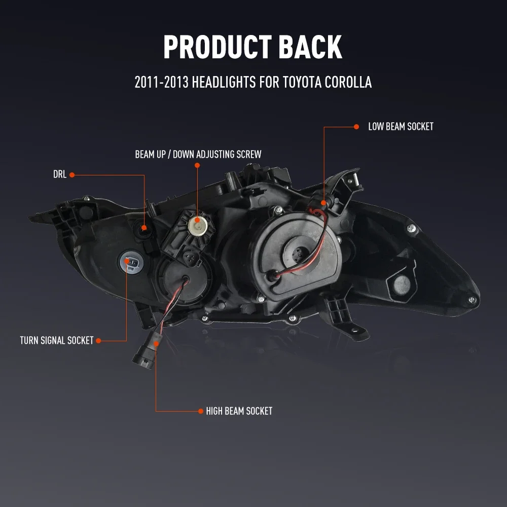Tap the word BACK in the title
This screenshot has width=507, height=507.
(x=310, y=48)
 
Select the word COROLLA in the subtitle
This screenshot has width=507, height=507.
(x=346, y=82)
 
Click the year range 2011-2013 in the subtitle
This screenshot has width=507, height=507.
(x=160, y=82)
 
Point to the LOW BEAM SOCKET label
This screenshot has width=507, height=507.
(x=401, y=127)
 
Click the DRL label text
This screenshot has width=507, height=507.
(x=60, y=175)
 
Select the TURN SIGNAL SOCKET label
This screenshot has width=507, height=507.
(x=57, y=341)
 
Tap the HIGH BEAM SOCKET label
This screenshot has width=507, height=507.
(x=239, y=411)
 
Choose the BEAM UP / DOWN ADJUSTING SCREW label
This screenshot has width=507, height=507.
(x=198, y=154)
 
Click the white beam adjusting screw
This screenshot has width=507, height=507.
(x=196, y=225)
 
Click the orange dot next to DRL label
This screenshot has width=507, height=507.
(x=72, y=175)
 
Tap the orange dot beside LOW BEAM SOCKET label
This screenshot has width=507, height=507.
(x=356, y=127)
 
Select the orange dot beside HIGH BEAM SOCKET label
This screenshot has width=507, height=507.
(x=201, y=411)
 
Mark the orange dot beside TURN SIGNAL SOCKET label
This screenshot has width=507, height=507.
(x=99, y=341)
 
